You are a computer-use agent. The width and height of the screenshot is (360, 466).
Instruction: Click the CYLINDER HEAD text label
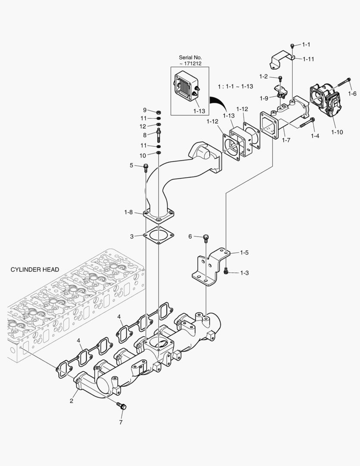pyautogui.click(x=34, y=270)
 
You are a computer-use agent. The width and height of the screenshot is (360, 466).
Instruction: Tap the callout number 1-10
pyautogui.click(x=337, y=132)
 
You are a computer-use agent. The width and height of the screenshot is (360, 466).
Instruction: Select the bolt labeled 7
pyautogui.click(x=122, y=406)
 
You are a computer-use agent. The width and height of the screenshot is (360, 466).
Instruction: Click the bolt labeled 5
pyautogui.click(x=145, y=167)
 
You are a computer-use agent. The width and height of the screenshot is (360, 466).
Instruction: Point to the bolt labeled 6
pyautogui.click(x=207, y=237)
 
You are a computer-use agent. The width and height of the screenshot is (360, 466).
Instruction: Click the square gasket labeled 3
pyautogui.click(x=158, y=236)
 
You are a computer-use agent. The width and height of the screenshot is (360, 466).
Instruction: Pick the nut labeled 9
pyautogui.click(x=159, y=111)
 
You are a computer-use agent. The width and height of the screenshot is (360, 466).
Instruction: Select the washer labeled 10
pyautogui.click(x=159, y=154)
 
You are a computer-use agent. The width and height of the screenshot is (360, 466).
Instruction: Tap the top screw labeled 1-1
pyautogui.click(x=292, y=45)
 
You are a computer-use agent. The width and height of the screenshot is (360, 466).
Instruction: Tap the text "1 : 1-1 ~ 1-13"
pyautogui.click(x=235, y=86)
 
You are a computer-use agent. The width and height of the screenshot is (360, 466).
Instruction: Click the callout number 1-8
pyautogui.click(x=128, y=212)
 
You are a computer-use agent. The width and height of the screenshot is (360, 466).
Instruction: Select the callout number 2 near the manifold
pyautogui.click(x=72, y=401)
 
